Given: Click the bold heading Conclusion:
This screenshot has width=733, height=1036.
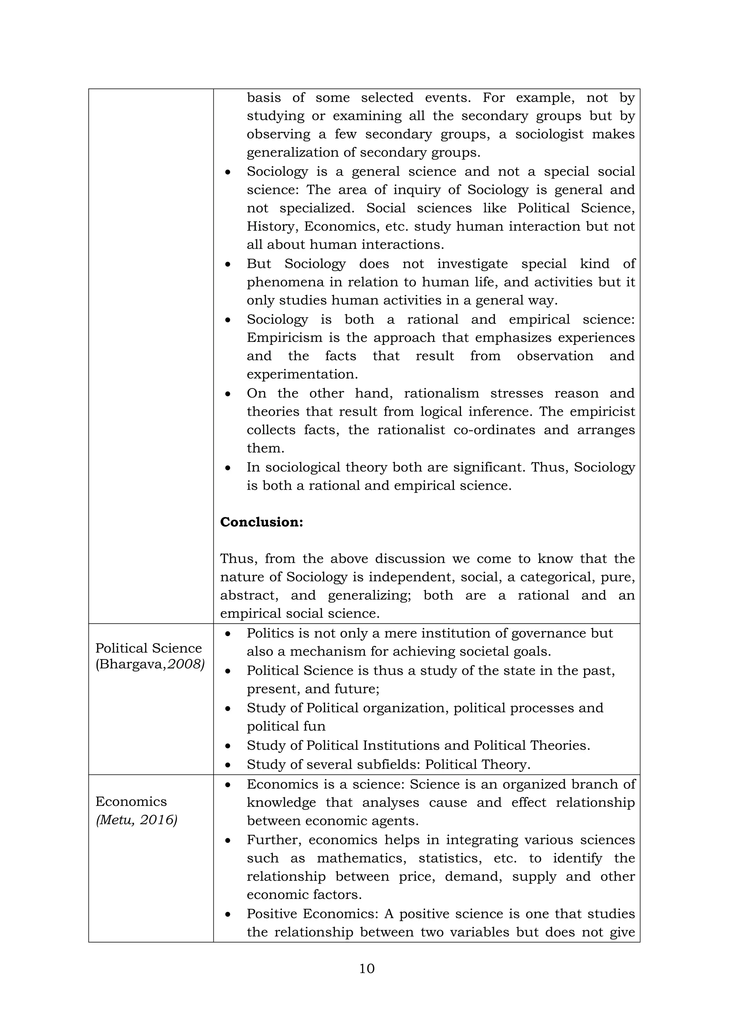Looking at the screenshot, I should tap(261, 522).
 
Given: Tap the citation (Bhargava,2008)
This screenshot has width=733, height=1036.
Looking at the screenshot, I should tap(150, 664).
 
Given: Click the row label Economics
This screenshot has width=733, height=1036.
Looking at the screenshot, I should tap(131, 801).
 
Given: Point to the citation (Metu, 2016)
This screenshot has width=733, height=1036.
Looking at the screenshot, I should tap(137, 820).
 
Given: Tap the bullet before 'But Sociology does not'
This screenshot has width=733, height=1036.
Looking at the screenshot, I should tap(228, 264).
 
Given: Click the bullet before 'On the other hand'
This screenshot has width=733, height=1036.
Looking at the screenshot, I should tap(228, 394).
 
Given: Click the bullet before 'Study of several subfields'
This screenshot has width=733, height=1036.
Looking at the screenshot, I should tap(228, 765).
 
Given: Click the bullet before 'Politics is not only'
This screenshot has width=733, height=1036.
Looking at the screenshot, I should tap(228, 634).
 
